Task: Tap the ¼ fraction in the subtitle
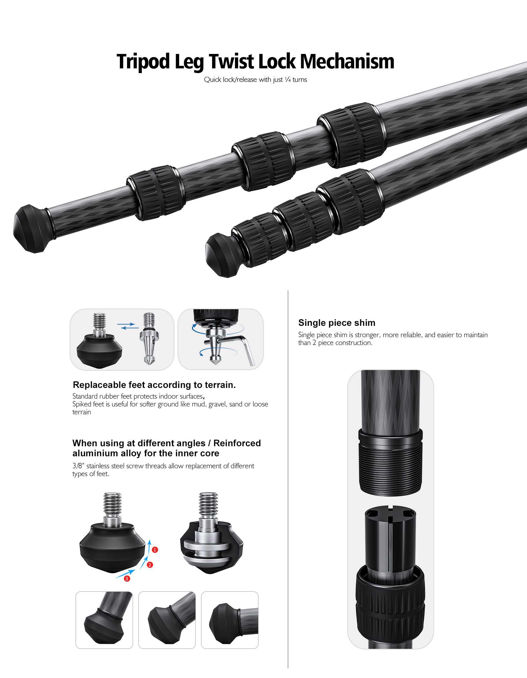click(288, 80)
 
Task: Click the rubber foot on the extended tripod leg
click(33, 229)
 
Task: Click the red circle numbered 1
click(155, 550)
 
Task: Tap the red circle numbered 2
click(150, 565)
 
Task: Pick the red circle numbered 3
click(127, 579)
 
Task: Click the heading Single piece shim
click(337, 323)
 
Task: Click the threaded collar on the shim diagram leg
click(391, 463)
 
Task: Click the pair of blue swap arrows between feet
click(128, 326)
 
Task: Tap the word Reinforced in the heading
click(237, 443)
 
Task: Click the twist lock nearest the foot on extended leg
click(156, 193)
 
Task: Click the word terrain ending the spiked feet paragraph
click(82, 412)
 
